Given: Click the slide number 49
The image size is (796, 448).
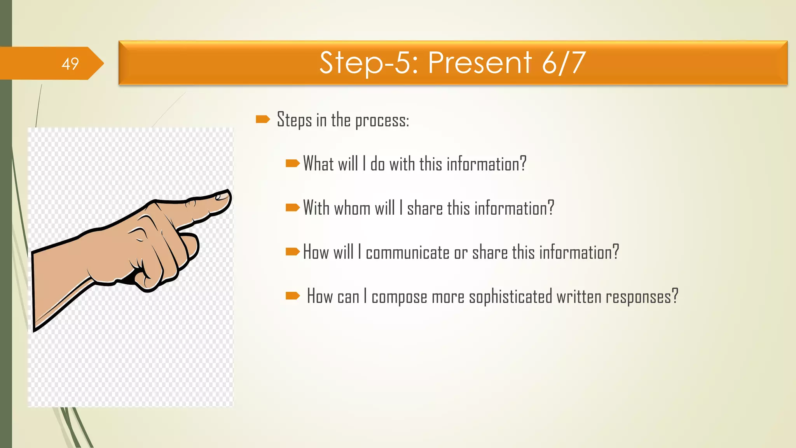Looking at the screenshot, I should pos(70,64).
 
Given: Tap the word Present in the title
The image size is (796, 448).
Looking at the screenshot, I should pos(480,63).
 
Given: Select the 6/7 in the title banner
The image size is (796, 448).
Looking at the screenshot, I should pos(564,63).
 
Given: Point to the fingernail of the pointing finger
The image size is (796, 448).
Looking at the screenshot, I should pos(222,196).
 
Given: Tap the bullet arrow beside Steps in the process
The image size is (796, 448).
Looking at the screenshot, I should pos(263,119).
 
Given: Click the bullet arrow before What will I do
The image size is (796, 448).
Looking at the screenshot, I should pos(292,163).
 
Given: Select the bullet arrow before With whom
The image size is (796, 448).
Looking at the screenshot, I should pos(292,208).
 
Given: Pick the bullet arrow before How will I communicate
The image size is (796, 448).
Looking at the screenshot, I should pos(292,252).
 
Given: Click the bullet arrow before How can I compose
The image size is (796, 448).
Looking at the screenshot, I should pos(292,296).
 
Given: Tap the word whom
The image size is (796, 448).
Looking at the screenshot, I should pos(352,208).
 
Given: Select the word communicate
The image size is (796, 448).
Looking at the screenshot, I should pos(407,253).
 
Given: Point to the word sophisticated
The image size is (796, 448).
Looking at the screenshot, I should pos(510,297).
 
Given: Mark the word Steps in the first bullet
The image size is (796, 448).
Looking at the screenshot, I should pos(294,120).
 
